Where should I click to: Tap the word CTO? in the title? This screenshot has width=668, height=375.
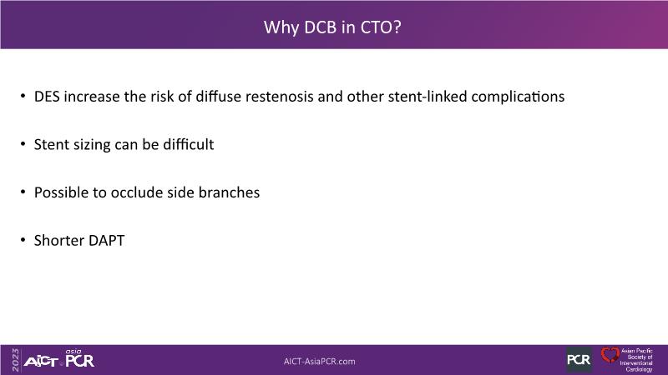point(381,27)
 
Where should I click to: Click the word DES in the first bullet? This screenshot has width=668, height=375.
point(47,97)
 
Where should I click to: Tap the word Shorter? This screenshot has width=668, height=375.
point(59,241)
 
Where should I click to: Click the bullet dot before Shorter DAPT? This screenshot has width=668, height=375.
point(23,240)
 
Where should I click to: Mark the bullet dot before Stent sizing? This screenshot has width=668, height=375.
point(23,144)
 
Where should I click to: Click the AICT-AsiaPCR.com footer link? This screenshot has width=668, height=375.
point(320,362)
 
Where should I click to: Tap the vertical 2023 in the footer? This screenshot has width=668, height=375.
point(16,360)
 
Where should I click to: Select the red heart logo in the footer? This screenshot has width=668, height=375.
point(610,355)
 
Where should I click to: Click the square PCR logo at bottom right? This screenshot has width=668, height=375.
point(579,360)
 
